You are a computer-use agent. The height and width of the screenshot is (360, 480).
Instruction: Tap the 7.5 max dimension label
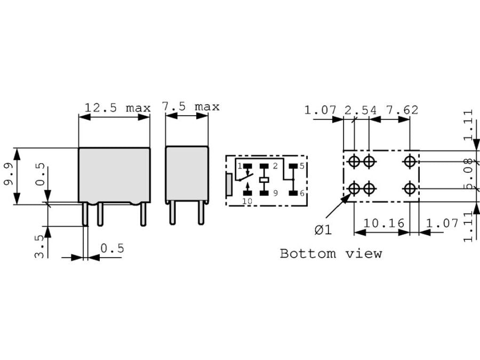click(191, 107)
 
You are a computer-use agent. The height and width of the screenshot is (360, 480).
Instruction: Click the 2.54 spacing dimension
click(360, 110)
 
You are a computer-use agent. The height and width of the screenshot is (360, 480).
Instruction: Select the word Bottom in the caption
click(302, 253)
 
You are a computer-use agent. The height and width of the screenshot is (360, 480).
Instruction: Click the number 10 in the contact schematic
click(247, 201)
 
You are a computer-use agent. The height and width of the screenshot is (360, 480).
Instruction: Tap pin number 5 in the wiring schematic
click(301, 166)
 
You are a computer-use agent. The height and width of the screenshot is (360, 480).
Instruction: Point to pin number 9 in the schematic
click(276, 193)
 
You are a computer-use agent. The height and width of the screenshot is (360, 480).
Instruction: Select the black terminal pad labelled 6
click(292, 193)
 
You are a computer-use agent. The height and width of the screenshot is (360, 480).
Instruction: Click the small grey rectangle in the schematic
click(229, 184)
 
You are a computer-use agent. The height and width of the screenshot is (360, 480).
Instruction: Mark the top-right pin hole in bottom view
click(410, 161)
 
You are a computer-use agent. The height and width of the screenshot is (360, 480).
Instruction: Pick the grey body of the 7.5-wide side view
click(187, 173)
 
